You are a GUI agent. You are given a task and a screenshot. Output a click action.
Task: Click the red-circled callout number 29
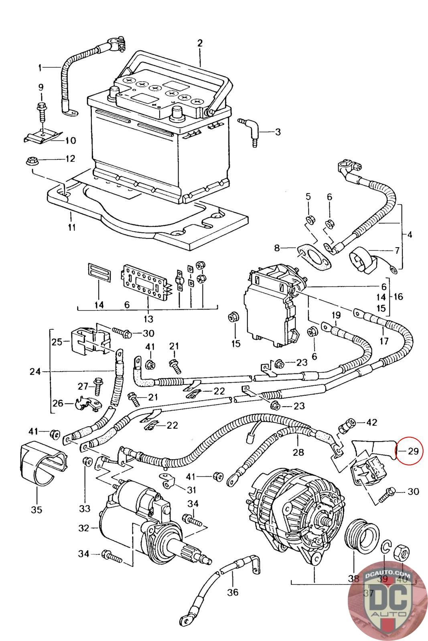click(413, 451)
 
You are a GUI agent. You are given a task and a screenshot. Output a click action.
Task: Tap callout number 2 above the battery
click(200, 43)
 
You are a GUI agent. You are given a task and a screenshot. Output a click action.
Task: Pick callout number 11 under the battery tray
click(71, 227)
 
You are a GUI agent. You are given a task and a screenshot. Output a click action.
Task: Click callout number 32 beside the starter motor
click(83, 528)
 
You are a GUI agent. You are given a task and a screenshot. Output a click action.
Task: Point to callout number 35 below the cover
click(37, 510)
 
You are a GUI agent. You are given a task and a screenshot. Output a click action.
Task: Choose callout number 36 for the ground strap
click(233, 592)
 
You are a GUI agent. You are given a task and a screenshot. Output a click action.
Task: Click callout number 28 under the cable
click(298, 453)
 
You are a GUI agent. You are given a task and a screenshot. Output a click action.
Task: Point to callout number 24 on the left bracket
click(35, 372)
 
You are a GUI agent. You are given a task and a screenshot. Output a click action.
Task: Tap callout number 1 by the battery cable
click(40, 68)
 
